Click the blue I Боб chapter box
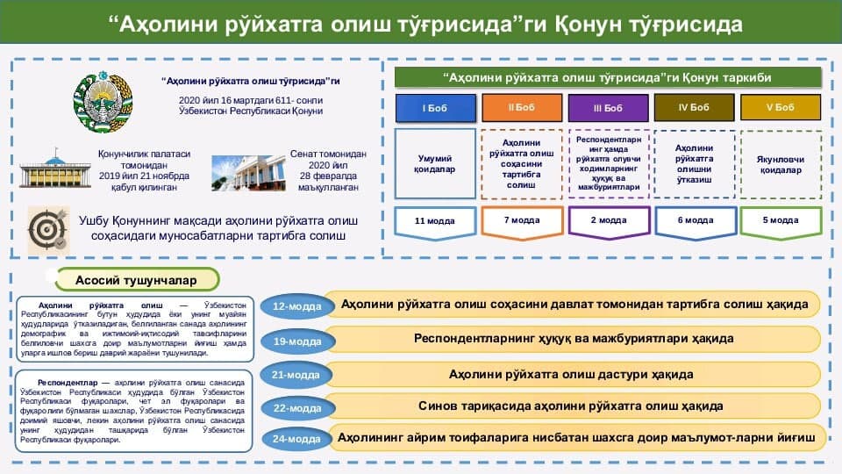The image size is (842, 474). coord(436,108)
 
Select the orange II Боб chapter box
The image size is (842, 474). coord(522,107)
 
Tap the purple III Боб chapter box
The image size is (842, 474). coord(608,108)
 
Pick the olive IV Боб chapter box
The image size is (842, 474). coord(694,107)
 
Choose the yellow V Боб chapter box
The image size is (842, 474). coord(780,107)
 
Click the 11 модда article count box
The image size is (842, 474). coord(436,220)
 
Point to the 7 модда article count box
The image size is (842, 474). coord(522,220)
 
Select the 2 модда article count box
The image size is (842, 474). coord(608,220)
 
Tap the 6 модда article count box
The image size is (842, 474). coord(694,220)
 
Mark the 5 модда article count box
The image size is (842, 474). coord(780,220)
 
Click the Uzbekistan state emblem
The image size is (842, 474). coord(103,105)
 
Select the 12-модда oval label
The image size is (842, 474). coord(297,306)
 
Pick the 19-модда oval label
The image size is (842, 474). coord(297,341)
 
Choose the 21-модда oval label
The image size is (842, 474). coord(297,375)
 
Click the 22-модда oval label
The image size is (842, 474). coord(297,408)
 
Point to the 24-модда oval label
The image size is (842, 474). coord(297,439)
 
